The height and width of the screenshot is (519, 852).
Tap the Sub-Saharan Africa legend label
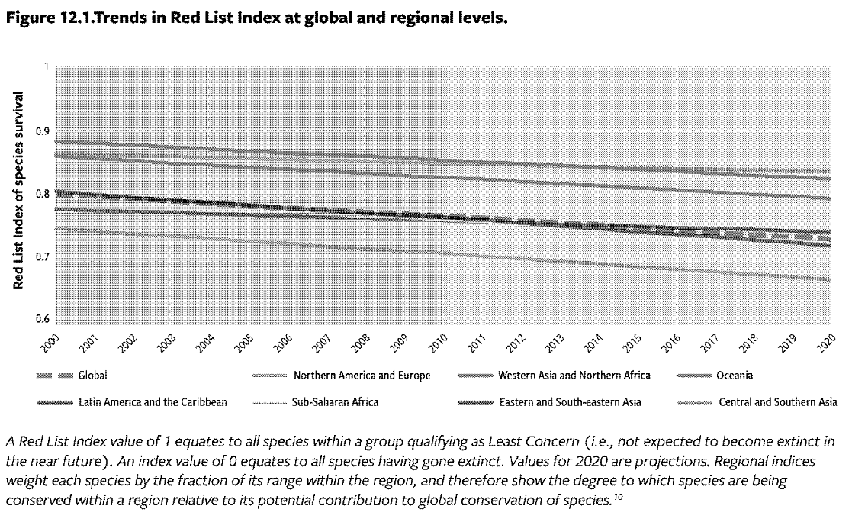(335, 401)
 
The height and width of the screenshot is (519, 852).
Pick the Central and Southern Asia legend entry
(777, 401)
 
